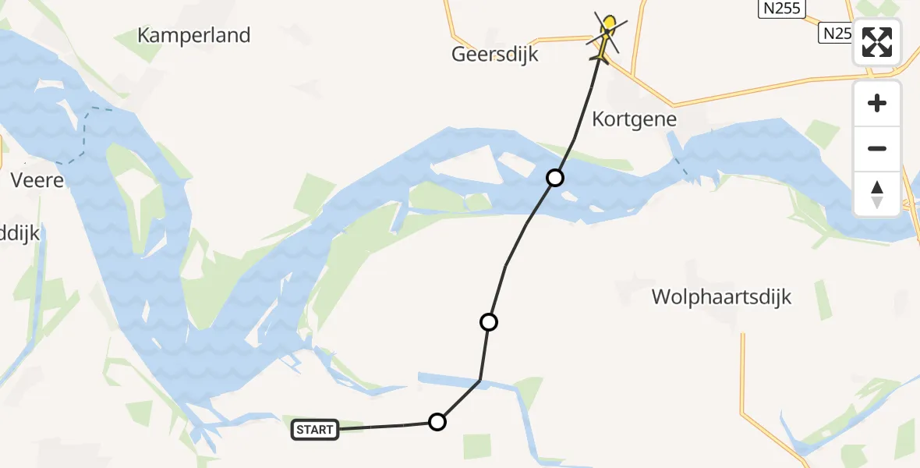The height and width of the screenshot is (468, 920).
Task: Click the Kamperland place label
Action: point(194,35)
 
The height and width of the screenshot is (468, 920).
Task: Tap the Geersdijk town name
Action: point(495,55)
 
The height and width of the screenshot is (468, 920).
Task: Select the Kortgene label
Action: point(634,119)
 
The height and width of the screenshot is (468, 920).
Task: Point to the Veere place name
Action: point(37,181)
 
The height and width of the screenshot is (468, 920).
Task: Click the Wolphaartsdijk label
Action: point(721,297)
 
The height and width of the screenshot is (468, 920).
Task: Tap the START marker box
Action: point(315,429)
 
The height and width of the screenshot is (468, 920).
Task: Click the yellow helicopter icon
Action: point(605,36)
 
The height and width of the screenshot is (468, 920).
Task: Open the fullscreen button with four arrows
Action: point(877,42)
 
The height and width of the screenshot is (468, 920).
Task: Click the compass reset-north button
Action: point(877,193)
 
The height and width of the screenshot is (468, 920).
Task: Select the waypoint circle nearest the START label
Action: point(437,422)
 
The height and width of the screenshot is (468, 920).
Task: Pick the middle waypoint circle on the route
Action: point(489,321)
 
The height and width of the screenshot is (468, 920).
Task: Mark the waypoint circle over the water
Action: point(554,178)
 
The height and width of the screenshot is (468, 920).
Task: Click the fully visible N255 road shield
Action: point(782,8)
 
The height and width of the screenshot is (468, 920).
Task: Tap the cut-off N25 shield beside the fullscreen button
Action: point(835,33)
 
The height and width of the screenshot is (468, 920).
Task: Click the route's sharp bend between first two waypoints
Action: point(479,381)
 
